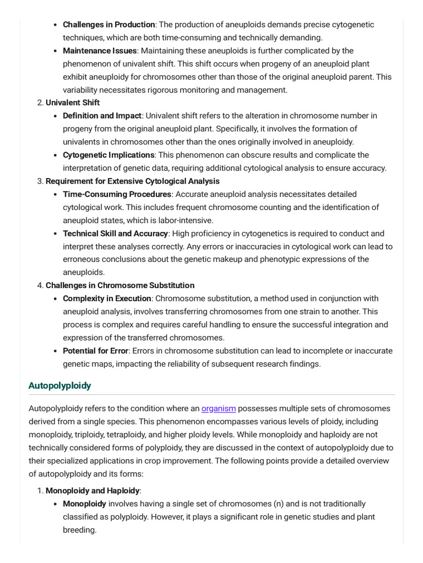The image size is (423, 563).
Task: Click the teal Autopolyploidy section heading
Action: click(x=59, y=385)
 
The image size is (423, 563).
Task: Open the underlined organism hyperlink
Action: click(x=219, y=409)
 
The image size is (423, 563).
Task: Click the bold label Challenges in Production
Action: click(x=109, y=25)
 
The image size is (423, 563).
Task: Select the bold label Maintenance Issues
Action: click(x=99, y=51)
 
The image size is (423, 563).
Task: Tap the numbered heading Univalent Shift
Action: click(x=73, y=103)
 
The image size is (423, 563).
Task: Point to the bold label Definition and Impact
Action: click(x=102, y=115)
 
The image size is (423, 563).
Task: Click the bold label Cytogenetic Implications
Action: click(x=109, y=155)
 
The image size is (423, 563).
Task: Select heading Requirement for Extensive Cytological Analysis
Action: click(x=132, y=181)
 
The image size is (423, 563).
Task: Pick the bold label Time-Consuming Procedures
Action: click(x=117, y=194)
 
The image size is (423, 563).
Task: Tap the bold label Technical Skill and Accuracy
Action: click(x=115, y=234)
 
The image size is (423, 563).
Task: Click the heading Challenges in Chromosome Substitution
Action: click(x=120, y=285)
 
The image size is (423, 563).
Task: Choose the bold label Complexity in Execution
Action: click(x=107, y=299)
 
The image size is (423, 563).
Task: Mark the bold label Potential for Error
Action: click(x=96, y=351)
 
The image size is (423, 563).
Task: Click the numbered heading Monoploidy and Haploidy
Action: click(x=93, y=490)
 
